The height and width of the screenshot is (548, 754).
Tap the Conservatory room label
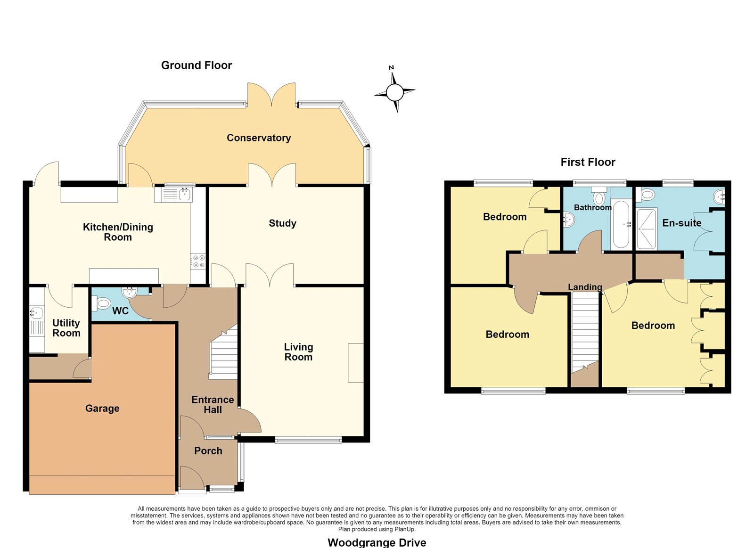pos(259,138)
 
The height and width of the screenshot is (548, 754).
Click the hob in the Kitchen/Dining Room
pos(197,262)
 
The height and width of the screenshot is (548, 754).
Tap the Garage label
pos(102,409)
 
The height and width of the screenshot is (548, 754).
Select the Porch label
pos(208,451)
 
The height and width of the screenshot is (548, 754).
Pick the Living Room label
pos(299,352)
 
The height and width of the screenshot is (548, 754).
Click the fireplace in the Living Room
pos(356,362)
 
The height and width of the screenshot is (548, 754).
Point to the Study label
pos(282,223)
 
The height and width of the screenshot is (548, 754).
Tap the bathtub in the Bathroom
pos(621,224)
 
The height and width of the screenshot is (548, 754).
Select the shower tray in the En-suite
pos(647,229)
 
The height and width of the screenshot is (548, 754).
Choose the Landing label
pos(585,287)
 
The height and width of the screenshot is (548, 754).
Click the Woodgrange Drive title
pos(377,543)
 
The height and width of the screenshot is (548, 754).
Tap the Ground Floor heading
pos(197,65)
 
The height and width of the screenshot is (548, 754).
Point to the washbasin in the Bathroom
pos(568,220)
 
